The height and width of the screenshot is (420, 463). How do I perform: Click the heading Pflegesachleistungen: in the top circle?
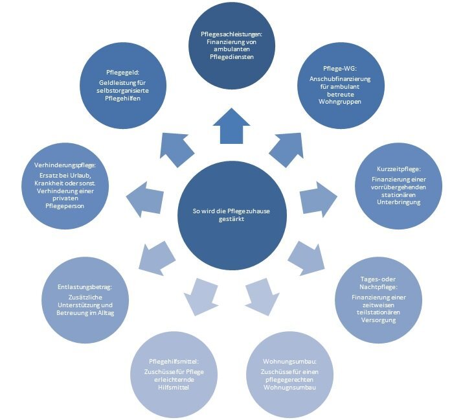(x=232, y=34)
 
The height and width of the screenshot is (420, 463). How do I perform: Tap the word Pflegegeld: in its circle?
(x=122, y=73)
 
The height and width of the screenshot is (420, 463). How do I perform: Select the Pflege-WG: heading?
(x=340, y=69)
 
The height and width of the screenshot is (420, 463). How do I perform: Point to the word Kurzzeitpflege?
(x=399, y=169)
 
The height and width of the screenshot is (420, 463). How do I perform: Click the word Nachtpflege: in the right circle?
(x=379, y=287)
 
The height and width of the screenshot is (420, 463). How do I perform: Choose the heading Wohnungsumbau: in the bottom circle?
(x=289, y=362)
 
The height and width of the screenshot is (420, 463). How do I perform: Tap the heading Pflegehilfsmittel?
(x=174, y=362)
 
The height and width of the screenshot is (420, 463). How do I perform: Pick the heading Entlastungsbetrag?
(x=85, y=287)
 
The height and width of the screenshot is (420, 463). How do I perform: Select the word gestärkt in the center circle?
(x=232, y=219)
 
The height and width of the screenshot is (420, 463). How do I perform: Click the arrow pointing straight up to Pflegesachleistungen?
(x=232, y=126)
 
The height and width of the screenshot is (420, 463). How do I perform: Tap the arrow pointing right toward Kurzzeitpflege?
(x=319, y=199)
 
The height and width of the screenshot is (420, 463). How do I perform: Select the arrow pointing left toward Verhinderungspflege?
(x=144, y=200)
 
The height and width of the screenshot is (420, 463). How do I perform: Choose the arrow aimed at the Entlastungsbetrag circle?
(x=157, y=258)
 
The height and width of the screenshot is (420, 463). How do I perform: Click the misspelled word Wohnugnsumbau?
(x=289, y=387)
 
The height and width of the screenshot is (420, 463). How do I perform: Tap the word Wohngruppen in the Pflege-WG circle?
(x=340, y=102)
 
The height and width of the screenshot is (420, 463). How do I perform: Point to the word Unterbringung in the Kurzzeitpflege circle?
(x=399, y=202)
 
